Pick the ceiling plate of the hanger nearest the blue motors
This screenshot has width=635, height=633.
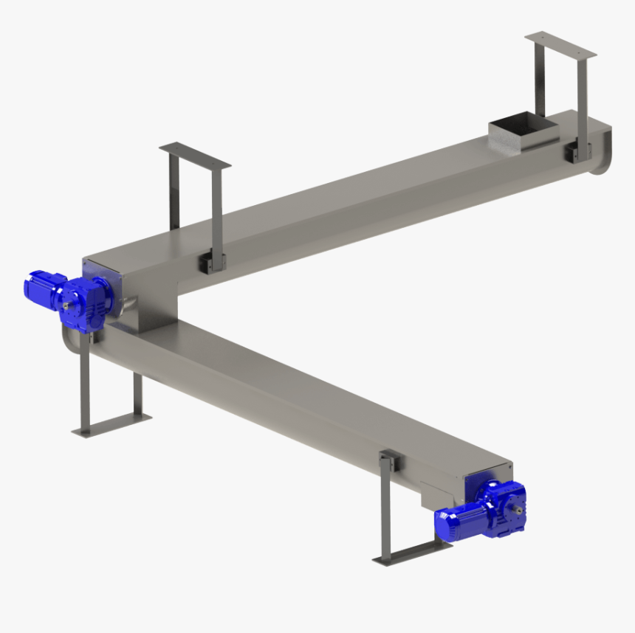click(195, 155)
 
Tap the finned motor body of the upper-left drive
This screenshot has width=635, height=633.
click(40, 287)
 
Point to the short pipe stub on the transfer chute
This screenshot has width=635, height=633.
click(130, 302)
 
